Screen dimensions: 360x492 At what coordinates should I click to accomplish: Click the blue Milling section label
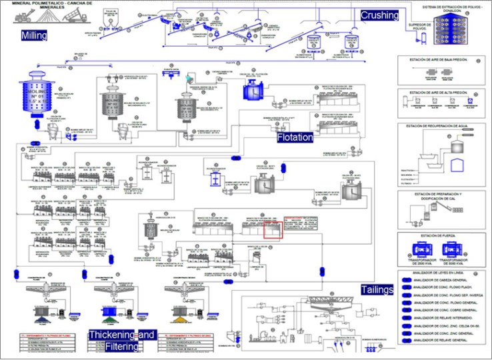click(34, 35)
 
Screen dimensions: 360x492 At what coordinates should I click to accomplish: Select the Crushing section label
click(380, 15)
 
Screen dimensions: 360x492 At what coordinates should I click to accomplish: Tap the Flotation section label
click(295, 137)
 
